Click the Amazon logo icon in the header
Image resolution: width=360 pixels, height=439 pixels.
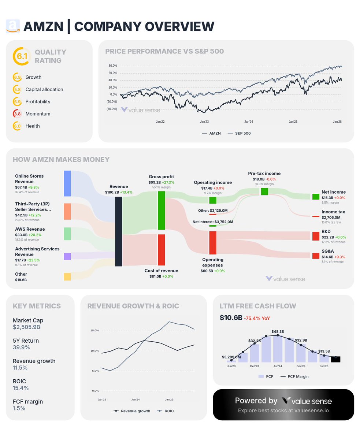click(12, 26)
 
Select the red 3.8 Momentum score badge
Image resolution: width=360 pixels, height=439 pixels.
click(17, 114)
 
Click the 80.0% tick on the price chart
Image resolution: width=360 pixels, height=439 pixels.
click(112, 66)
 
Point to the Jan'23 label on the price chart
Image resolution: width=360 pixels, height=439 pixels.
click(204, 121)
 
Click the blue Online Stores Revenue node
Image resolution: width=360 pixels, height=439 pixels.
click(67, 183)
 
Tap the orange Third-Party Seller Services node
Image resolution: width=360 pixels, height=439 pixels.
click(67, 212)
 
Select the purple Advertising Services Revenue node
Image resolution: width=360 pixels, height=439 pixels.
click(67, 256)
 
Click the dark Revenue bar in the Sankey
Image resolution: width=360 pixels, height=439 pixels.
click(119, 231)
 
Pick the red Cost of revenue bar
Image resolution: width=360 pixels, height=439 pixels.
click(161, 250)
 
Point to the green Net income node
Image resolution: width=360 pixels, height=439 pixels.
click(316, 197)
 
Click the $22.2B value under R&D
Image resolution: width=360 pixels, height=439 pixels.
click(328, 237)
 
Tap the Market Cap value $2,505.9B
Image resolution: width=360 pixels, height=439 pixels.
click(26, 327)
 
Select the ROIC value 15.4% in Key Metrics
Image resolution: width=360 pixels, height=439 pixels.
click(21, 388)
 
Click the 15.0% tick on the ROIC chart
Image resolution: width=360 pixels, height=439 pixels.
click(94, 331)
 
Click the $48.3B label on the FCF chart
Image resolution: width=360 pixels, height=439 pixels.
click(278, 332)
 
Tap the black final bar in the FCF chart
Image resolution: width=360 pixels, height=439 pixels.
click(335, 359)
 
